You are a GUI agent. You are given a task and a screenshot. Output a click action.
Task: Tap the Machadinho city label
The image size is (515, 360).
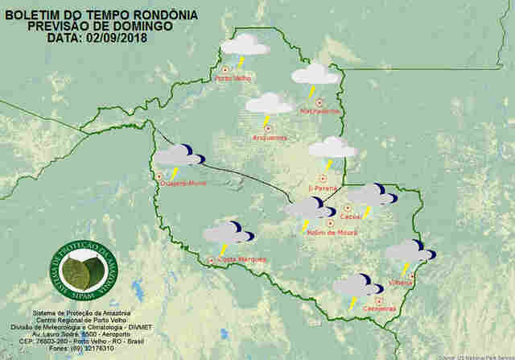click(x=319, y=110)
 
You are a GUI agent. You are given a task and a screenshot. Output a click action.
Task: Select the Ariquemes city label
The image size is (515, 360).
click(x=270, y=138)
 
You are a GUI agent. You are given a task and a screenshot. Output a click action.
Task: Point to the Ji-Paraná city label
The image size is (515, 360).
click(x=322, y=188)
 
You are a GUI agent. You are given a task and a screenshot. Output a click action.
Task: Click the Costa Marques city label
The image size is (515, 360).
click(x=241, y=259)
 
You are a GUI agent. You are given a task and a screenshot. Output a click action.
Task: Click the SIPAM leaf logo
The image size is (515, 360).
click(x=79, y=271)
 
